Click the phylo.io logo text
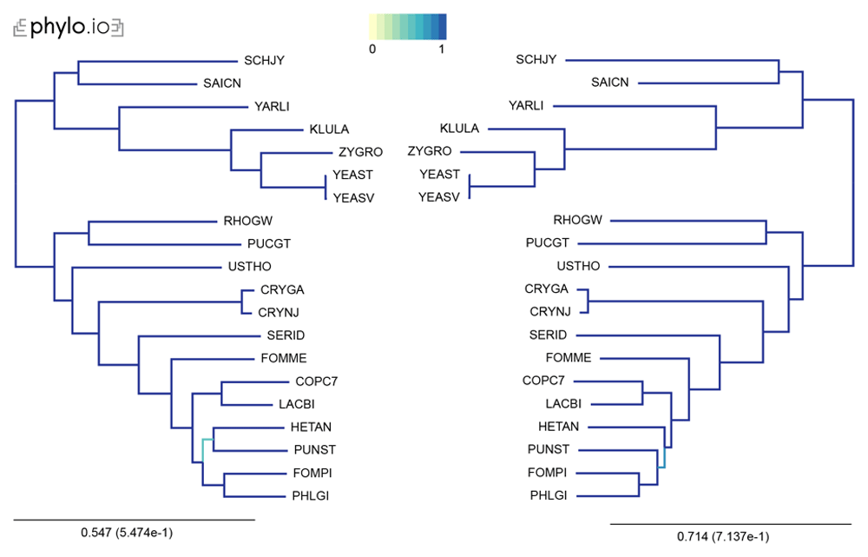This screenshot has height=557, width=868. pyautogui.click(x=68, y=27)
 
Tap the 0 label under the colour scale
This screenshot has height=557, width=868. pyautogui.click(x=372, y=50)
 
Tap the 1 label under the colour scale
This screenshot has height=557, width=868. pyautogui.click(x=441, y=50)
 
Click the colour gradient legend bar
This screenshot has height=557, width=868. pyautogui.click(x=407, y=27)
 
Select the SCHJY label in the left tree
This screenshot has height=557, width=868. pyautogui.click(x=264, y=61)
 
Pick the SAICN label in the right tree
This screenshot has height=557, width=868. pyautogui.click(x=609, y=83)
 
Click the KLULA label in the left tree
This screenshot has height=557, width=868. pyautogui.click(x=329, y=129)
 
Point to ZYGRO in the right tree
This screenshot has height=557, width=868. pyautogui.click(x=430, y=151)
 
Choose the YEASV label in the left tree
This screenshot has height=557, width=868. pyautogui.click(x=353, y=198)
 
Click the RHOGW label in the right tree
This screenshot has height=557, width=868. pyautogui.click(x=577, y=220)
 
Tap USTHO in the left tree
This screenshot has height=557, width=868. pyautogui.click(x=250, y=267)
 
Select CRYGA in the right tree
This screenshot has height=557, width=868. pyautogui.click(x=546, y=288)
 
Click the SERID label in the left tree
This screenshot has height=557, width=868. pyautogui.click(x=286, y=335)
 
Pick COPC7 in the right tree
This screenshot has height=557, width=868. pyautogui.click(x=543, y=381)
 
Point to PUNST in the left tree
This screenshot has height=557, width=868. pyautogui.click(x=314, y=449)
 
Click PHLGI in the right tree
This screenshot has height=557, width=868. pyautogui.click(x=549, y=495)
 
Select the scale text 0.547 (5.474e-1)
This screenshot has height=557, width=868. pyautogui.click(x=127, y=533)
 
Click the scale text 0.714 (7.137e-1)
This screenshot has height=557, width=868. pyautogui.click(x=723, y=536)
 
